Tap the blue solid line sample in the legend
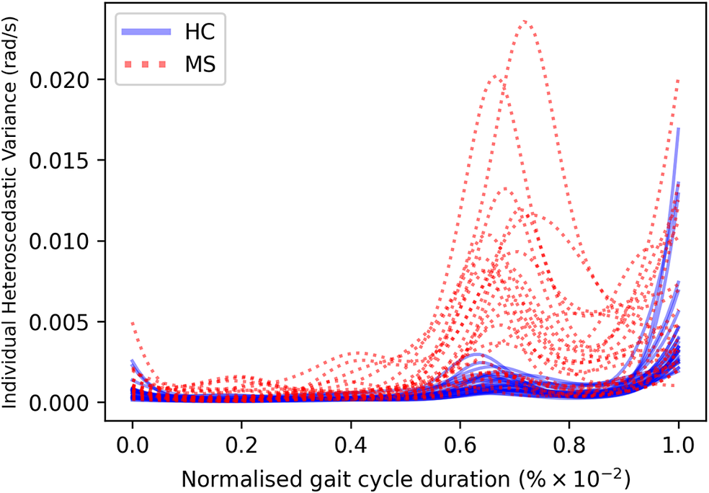(147, 32)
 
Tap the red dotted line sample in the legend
(147, 66)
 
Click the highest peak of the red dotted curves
(525, 21)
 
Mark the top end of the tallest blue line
(678, 129)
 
